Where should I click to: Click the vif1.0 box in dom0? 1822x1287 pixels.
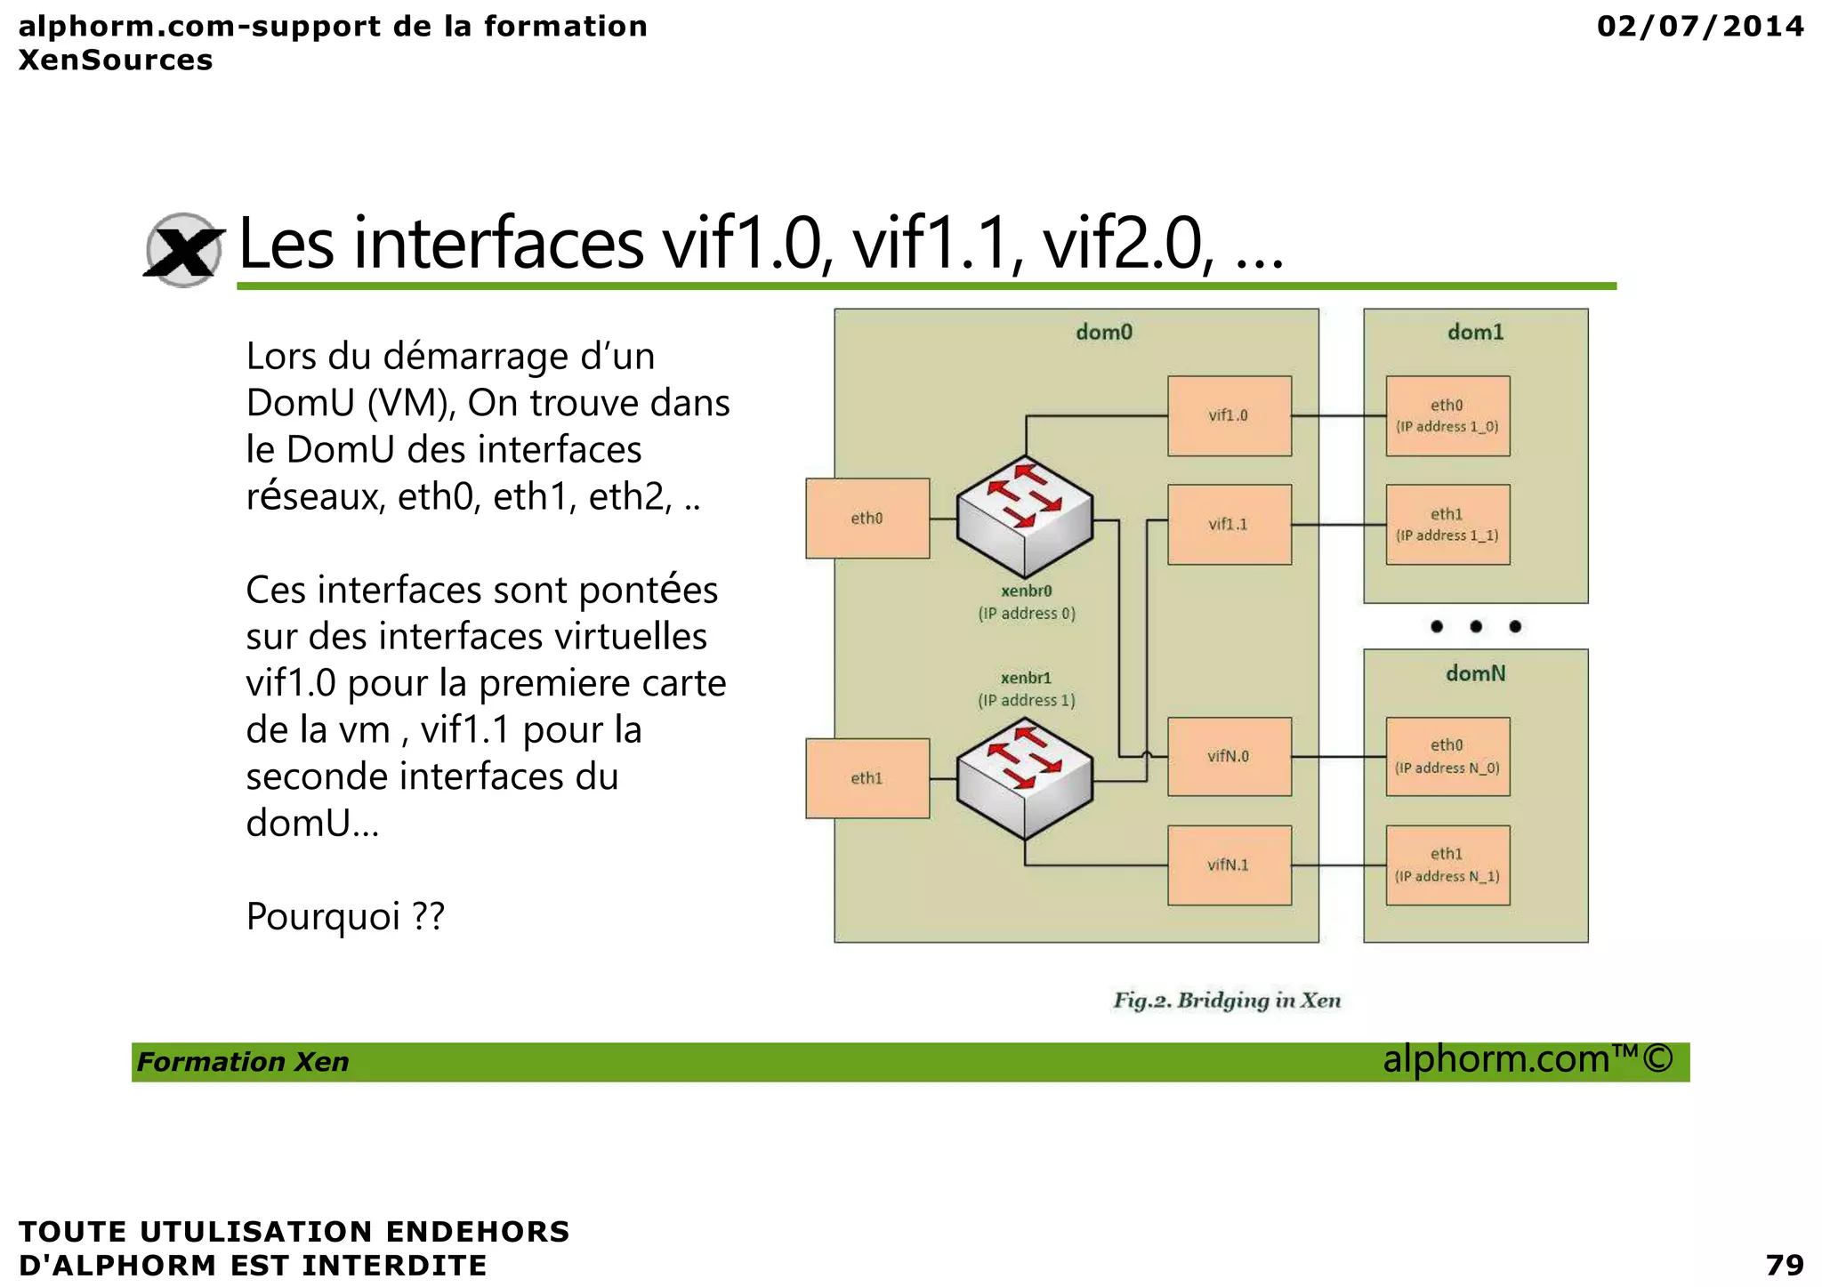[x=1229, y=415]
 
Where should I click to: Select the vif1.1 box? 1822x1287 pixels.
[x=1229, y=524]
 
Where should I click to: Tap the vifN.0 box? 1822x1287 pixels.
[x=1229, y=756]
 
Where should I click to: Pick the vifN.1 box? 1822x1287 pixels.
[x=1229, y=865]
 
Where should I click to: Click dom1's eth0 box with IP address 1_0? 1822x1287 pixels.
[x=1447, y=415]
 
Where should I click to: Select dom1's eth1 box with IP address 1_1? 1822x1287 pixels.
[x=1447, y=524]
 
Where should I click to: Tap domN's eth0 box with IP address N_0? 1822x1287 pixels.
[x=1447, y=756]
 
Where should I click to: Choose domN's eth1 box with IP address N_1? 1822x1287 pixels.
[x=1447, y=865]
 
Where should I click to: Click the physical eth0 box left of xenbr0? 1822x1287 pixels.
[x=867, y=519]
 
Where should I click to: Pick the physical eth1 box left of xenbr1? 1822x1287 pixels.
[x=867, y=778]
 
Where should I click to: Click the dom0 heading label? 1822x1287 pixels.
[x=1104, y=333]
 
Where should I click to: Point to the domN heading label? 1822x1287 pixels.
[x=1475, y=673]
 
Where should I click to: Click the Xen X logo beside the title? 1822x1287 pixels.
[x=183, y=250]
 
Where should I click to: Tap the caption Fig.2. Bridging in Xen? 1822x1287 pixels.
[x=1227, y=1001]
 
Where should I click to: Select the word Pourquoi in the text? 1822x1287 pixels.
[x=323, y=916]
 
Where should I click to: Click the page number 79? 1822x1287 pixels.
[x=1784, y=1264]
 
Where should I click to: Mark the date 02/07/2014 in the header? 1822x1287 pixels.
[x=1700, y=26]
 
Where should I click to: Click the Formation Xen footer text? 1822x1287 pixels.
[x=243, y=1062]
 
